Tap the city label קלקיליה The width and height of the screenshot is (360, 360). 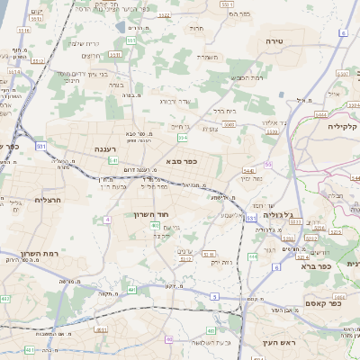343,126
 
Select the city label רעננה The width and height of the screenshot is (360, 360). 103,148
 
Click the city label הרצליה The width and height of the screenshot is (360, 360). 47,200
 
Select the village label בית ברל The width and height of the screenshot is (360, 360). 224,111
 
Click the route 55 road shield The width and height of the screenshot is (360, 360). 268,164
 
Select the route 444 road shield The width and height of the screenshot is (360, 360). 253,256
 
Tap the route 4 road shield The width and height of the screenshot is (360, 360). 107,219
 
